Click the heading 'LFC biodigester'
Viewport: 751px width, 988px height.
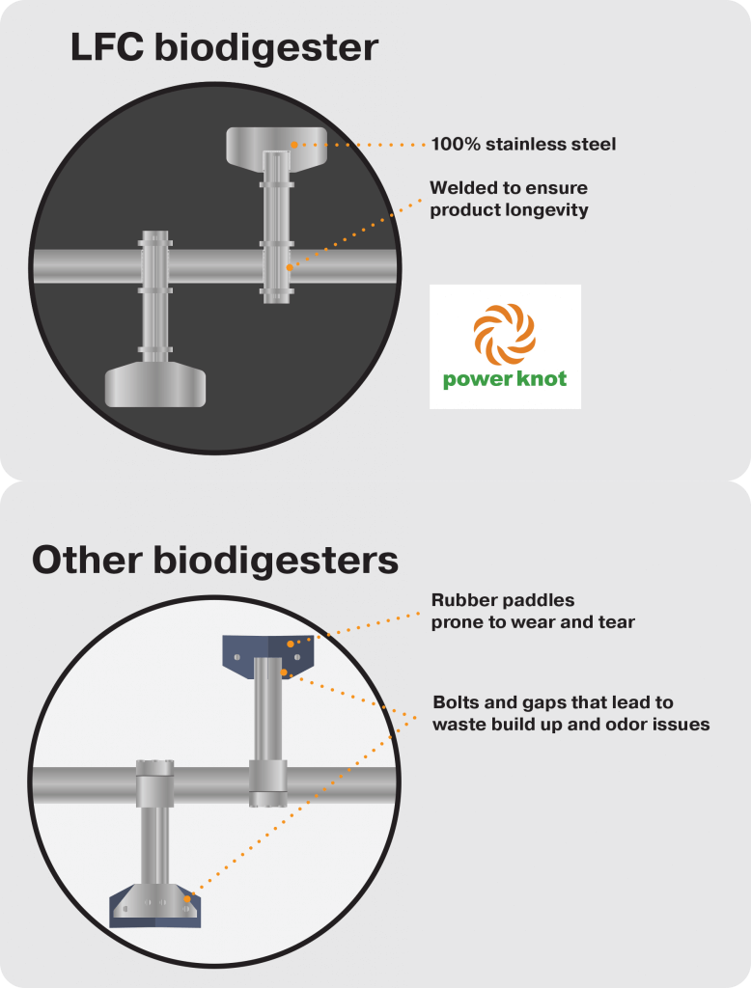224,47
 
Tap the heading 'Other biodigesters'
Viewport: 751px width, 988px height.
214,561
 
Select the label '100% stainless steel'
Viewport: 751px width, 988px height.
523,145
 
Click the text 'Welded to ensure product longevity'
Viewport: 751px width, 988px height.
509,198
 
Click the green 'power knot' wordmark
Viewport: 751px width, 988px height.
505,378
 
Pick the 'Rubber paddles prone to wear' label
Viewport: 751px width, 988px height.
533,611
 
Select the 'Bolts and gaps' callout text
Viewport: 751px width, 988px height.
570,712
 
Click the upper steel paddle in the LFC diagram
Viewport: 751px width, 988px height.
274,145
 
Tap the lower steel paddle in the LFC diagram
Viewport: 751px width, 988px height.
155,384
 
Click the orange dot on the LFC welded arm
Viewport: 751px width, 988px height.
288,266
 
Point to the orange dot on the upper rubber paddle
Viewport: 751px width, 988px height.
291,643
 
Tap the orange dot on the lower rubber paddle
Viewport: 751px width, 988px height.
187,899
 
